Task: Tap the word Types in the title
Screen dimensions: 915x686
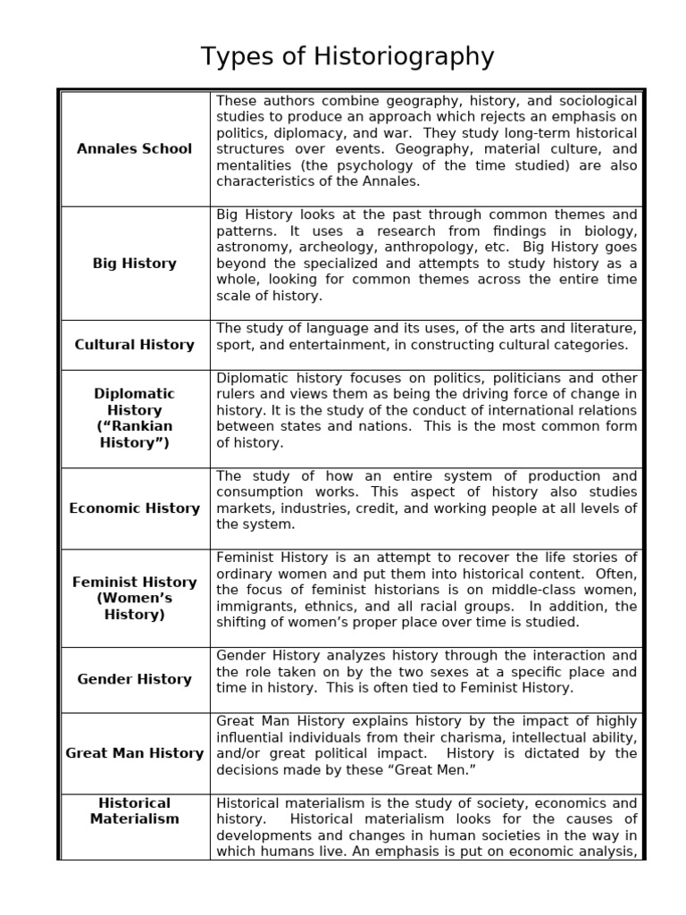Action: tap(234, 57)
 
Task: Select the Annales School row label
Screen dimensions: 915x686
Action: tap(134, 148)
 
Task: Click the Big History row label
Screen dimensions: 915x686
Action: tap(134, 264)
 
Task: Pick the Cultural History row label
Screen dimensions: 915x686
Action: tap(134, 345)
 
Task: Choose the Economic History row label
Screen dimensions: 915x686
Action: tap(134, 508)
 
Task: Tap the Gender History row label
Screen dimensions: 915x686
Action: tap(134, 679)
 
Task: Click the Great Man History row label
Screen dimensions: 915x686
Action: tap(134, 753)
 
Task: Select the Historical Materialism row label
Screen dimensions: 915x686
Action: tap(134, 810)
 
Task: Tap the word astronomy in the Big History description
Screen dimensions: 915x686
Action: tap(251, 248)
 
